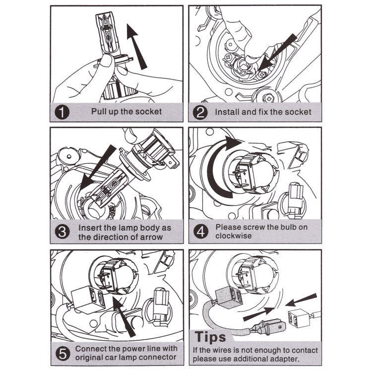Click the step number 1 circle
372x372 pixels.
coord(62,112)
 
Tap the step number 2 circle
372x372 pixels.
coord(200,112)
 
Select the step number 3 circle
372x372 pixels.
coord(62,232)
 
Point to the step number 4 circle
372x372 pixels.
coord(200,232)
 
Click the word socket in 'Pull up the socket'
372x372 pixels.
coord(148,112)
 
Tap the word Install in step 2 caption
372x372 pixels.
coord(227,112)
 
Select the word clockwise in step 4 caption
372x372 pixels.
coord(234,236)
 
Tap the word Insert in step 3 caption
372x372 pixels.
coord(91,228)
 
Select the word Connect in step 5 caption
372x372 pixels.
coord(91,348)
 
